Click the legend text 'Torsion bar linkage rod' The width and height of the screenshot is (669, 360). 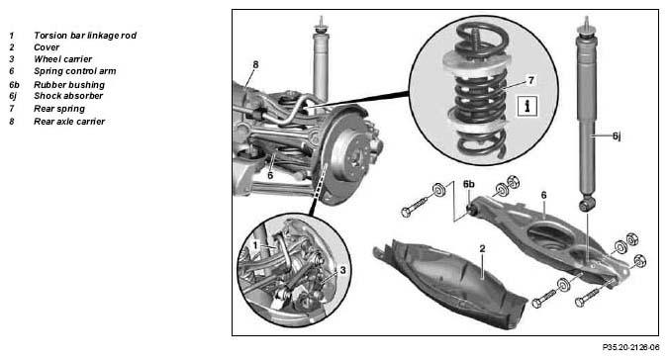pyautogui.click(x=85, y=36)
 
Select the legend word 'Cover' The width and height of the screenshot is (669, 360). pyautogui.click(x=47, y=47)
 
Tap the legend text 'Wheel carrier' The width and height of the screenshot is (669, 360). pyautogui.click(x=62, y=59)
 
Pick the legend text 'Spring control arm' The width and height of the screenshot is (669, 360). pyautogui.click(x=74, y=71)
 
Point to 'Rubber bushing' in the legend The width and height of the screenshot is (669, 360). pyautogui.click(x=69, y=85)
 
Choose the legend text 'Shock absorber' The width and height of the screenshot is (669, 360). pyautogui.click(x=68, y=96)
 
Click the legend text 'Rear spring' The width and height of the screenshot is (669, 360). pyautogui.click(x=59, y=109)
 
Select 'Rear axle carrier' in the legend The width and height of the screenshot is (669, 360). pyautogui.click(x=69, y=122)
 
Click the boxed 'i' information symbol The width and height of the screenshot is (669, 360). pyautogui.click(x=527, y=106)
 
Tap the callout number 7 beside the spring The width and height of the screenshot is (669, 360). pyautogui.click(x=530, y=80)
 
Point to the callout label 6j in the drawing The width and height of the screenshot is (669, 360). pyautogui.click(x=617, y=136)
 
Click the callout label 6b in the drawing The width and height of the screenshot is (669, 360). pyautogui.click(x=468, y=184)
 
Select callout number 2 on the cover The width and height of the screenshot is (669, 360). pyautogui.click(x=482, y=248)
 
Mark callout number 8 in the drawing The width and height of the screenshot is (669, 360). pyautogui.click(x=255, y=65)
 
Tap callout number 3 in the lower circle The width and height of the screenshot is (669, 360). pyautogui.click(x=342, y=270)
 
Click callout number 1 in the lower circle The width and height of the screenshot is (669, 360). pyautogui.click(x=255, y=245)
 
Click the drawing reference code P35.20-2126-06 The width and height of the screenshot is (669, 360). pyautogui.click(x=630, y=347)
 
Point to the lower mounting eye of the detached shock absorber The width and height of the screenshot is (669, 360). pyautogui.click(x=588, y=205)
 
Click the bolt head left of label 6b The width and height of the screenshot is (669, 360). pyautogui.click(x=406, y=212)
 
